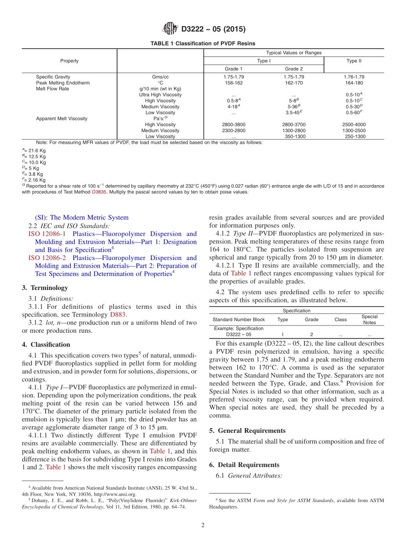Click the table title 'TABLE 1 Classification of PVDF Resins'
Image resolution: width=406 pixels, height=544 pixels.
tap(203, 44)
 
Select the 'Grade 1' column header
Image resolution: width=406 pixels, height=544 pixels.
tap(234, 69)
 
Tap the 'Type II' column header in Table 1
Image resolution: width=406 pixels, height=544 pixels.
tap(354, 61)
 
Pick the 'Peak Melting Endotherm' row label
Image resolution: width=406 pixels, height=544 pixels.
tap(63, 83)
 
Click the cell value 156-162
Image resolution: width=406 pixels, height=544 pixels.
tap(234, 83)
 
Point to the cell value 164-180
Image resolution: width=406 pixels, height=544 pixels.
tap(354, 83)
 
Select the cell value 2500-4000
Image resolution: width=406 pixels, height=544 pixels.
tap(354, 124)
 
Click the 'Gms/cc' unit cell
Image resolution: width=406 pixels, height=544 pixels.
tap(160, 77)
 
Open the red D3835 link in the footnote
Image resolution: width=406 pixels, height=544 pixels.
tap(97, 192)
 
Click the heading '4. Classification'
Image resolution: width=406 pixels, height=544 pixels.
tap(46, 344)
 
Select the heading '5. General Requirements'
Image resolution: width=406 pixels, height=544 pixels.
tap(247, 430)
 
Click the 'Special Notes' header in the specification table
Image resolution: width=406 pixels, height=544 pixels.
tap(369, 319)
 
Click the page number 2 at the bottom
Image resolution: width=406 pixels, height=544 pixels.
tap(203, 525)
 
